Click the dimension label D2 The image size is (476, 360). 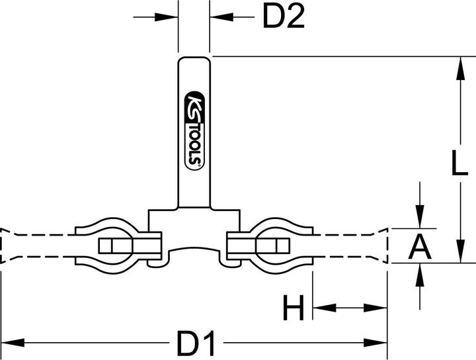pyautogui.click(x=283, y=17)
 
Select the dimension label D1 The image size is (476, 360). pyautogui.click(x=196, y=343)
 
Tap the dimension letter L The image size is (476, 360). pyautogui.click(x=459, y=163)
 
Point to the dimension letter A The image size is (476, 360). pyautogui.click(x=420, y=247)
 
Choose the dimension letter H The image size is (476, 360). pyautogui.click(x=294, y=308)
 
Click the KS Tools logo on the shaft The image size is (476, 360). pyautogui.click(x=195, y=130)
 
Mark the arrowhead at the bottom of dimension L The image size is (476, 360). pyautogui.click(x=461, y=251)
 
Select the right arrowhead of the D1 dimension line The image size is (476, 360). pyautogui.click(x=376, y=343)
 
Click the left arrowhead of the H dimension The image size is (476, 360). pyautogui.click(x=325, y=308)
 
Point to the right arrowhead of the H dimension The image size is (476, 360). pyautogui.click(x=376, y=308)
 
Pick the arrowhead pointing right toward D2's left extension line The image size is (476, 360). pyautogui.click(x=166, y=17)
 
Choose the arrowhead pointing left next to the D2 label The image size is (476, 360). pyautogui.click(x=221, y=17)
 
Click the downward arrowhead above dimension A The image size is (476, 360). pyautogui.click(x=420, y=216)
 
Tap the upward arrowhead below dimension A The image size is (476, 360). pyautogui.click(x=420, y=275)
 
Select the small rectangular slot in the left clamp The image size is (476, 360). pyautogui.click(x=105, y=246)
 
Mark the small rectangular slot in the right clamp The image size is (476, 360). pyautogui.click(x=283, y=246)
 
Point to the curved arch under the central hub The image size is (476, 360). pyautogui.click(x=194, y=247)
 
